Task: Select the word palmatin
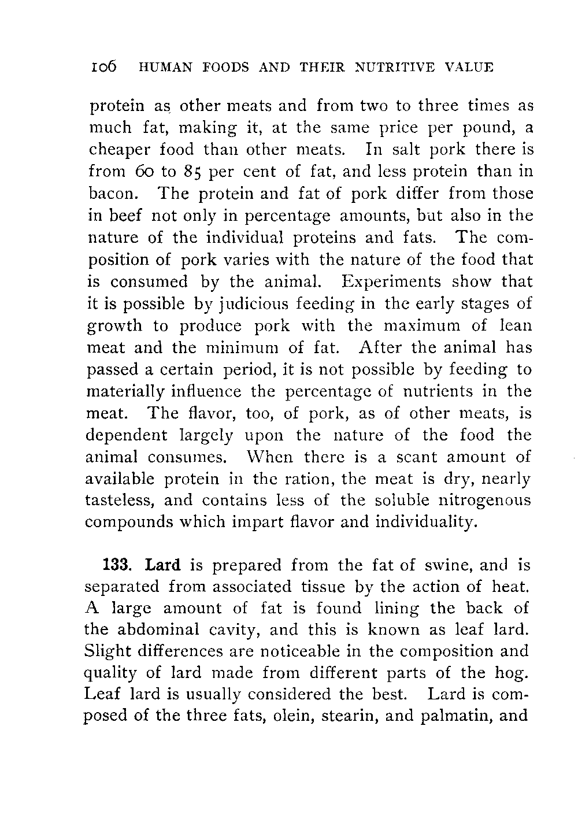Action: coord(457,716)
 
